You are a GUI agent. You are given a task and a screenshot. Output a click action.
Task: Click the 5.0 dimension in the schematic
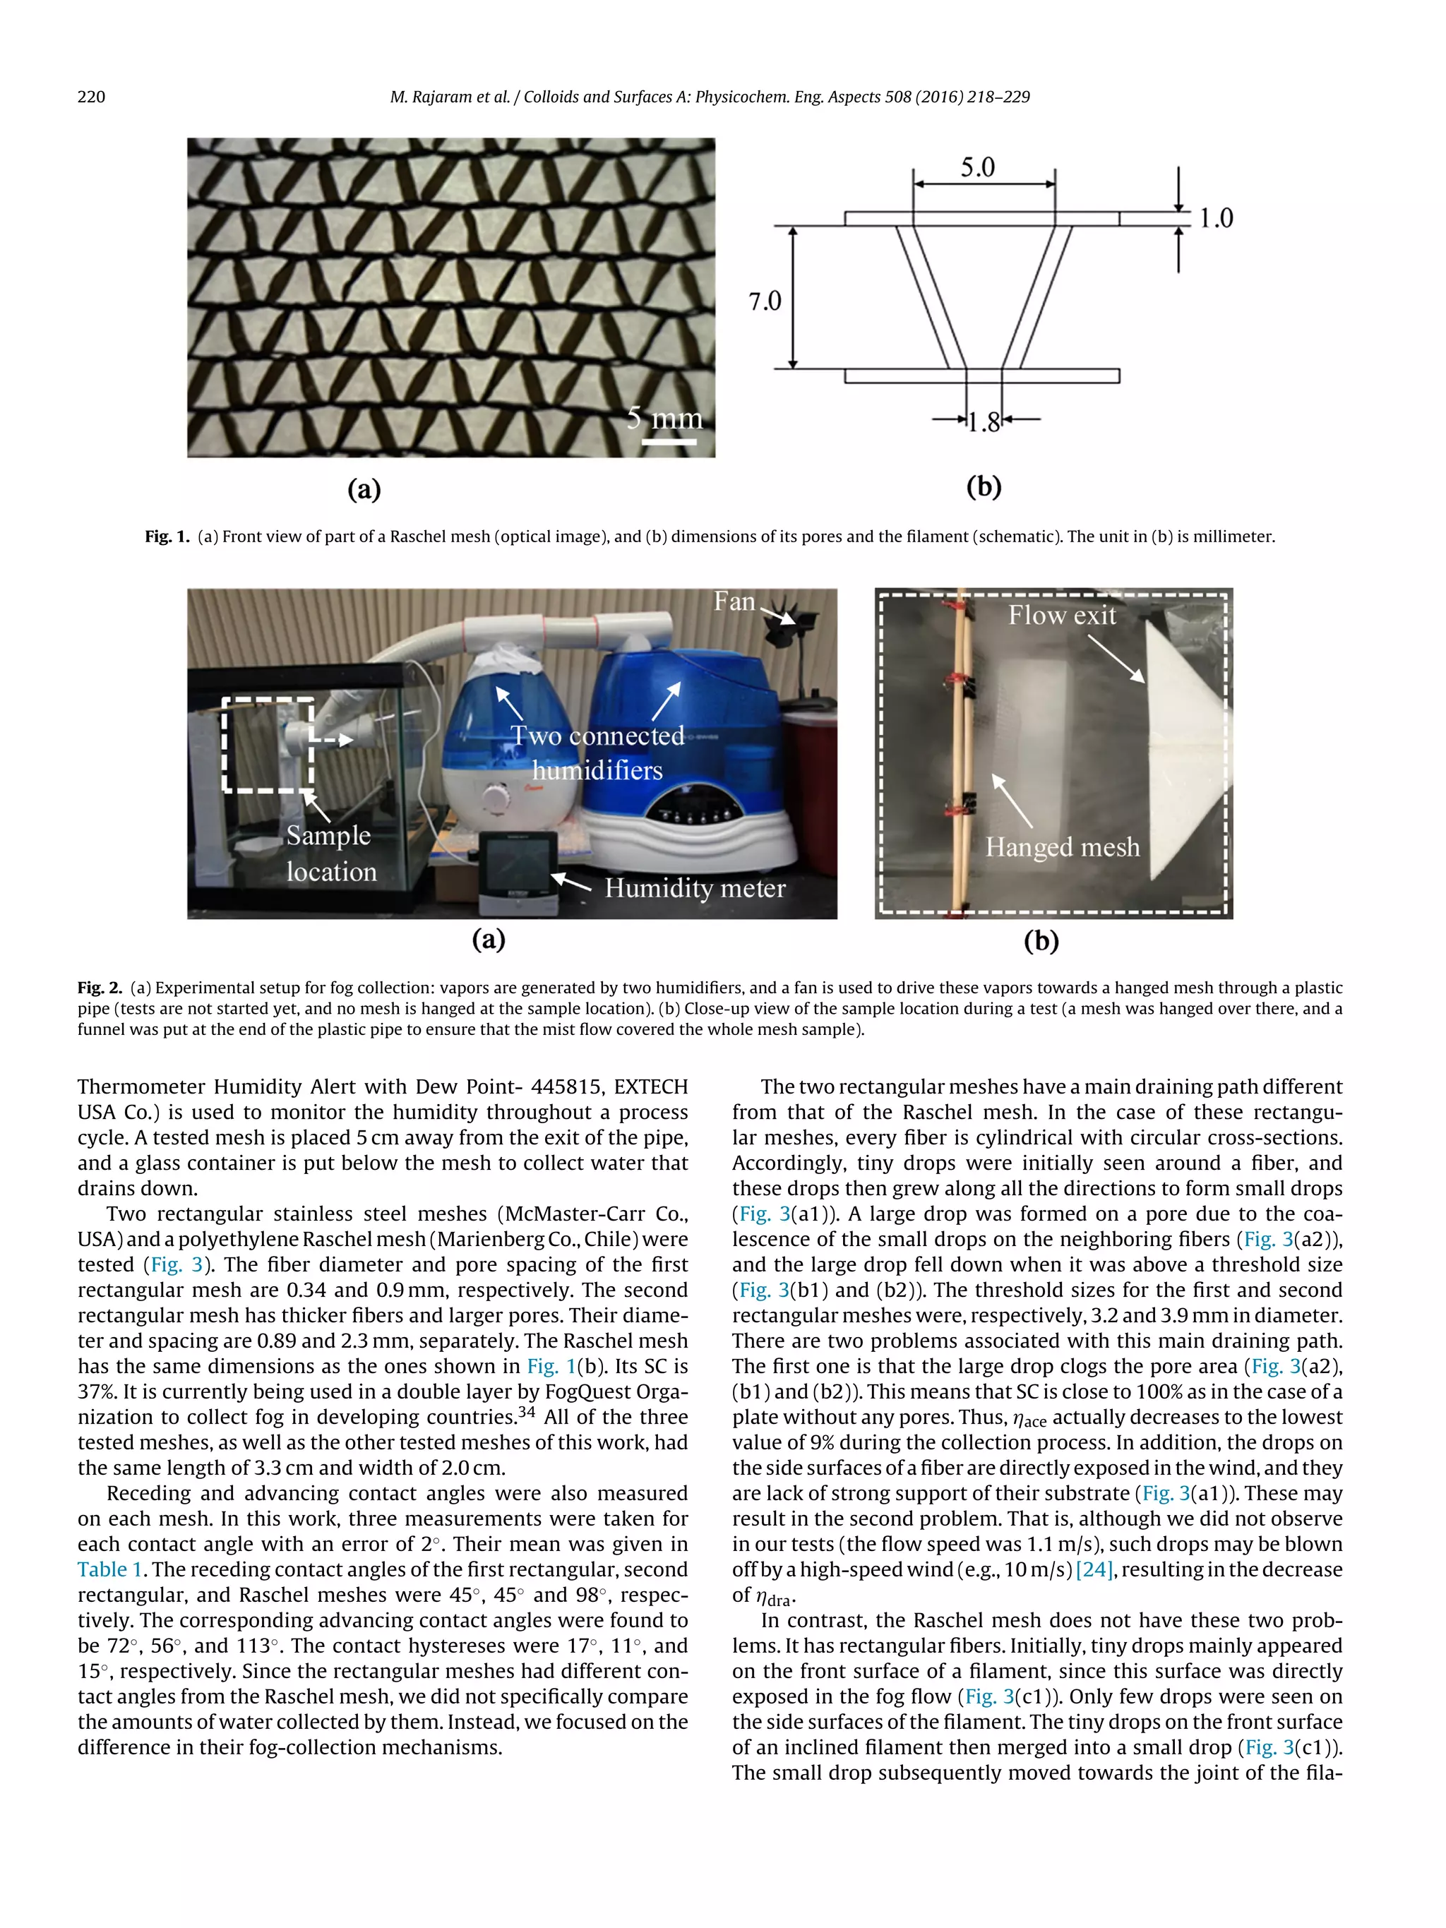[977, 167]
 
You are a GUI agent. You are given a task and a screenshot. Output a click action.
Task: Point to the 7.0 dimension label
[765, 301]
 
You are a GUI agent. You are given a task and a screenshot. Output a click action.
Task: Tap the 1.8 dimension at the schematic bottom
[984, 423]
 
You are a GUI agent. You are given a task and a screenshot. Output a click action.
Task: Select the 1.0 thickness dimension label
[1215, 218]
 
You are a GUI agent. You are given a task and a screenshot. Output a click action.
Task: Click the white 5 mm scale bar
[669, 442]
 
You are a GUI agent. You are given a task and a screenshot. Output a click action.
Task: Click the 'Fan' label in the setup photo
[734, 601]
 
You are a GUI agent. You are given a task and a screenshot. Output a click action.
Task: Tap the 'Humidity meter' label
[695, 888]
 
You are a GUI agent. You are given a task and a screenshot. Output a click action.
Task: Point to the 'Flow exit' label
[1062, 616]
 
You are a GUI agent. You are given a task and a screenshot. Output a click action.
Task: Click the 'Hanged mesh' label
[1062, 847]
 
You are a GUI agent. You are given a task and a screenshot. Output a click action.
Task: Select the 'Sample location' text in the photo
[330, 854]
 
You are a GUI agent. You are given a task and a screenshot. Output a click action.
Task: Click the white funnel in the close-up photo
[1185, 750]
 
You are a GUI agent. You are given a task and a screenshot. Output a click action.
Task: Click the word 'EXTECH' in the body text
[650, 1087]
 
